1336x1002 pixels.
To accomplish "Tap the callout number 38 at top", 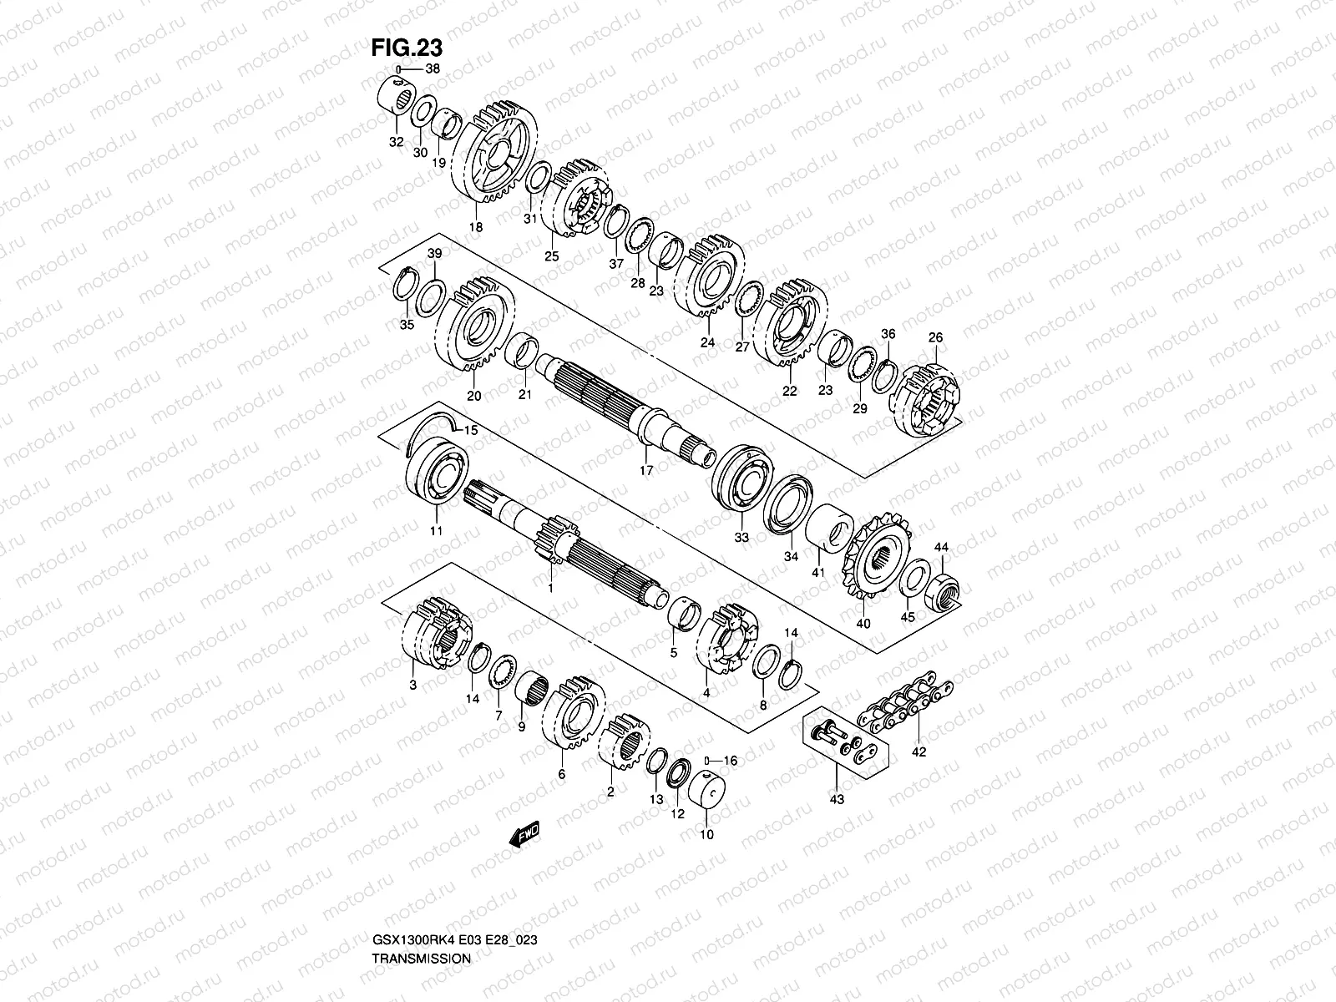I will [431, 70].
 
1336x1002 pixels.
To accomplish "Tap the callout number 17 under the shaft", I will [645, 471].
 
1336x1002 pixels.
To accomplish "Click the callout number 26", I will [935, 337].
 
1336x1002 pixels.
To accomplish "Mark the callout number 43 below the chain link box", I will [838, 799].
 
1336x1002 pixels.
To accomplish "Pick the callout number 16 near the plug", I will [731, 761].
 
